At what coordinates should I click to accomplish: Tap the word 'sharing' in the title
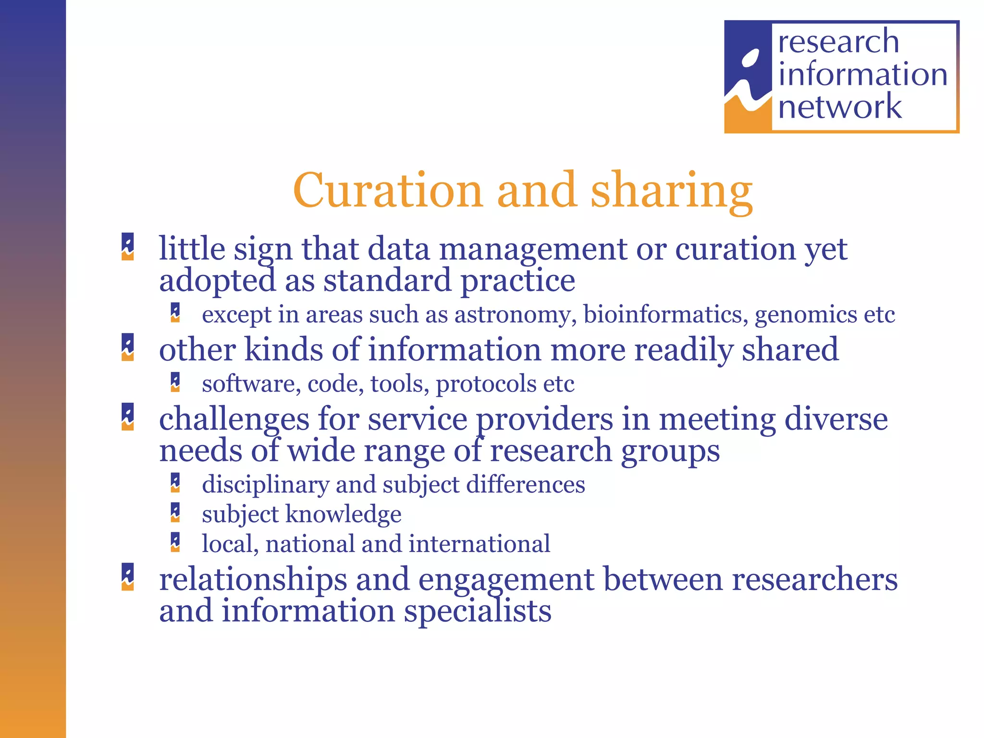671,192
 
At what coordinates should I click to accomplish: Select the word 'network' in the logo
840,107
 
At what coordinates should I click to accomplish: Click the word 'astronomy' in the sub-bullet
516,315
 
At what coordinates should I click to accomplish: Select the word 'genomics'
806,315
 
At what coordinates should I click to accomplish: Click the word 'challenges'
234,419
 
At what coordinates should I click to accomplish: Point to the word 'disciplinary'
265,484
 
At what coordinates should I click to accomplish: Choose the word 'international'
480,544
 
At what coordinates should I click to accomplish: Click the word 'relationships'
253,579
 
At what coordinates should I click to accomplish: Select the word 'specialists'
478,611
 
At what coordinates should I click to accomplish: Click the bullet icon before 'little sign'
128,246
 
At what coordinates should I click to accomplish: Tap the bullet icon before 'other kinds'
128,347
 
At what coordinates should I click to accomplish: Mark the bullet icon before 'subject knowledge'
175,513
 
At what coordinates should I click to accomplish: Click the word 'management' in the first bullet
533,250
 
